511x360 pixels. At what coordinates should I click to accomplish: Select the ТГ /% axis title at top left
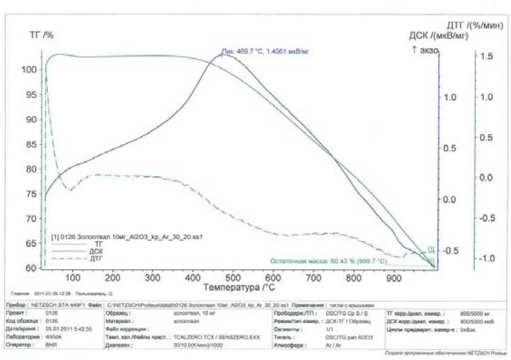pos(42,35)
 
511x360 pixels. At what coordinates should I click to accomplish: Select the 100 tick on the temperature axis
pos(73,277)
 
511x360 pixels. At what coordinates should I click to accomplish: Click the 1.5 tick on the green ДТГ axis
pos(486,56)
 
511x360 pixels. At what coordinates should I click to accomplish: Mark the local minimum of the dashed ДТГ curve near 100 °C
pos(70,190)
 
